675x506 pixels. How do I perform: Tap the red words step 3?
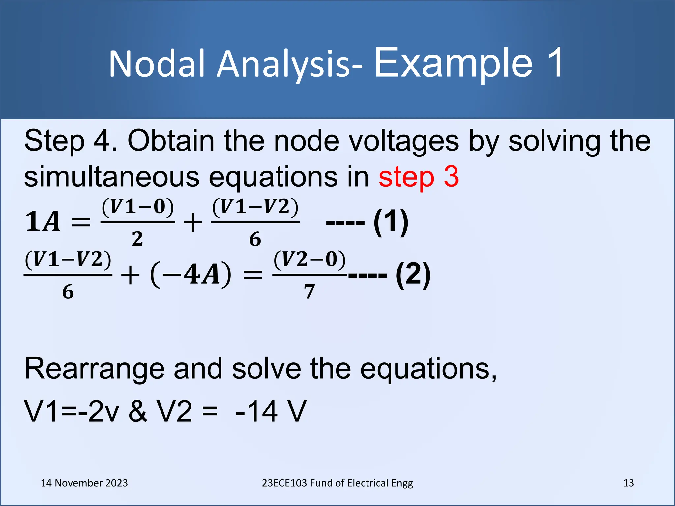coord(419,177)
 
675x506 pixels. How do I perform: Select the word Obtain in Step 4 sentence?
coord(171,141)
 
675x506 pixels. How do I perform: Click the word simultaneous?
coord(111,177)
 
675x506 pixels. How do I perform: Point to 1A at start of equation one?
coord(43,222)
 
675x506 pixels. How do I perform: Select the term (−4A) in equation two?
coord(191,274)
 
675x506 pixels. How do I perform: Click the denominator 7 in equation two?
coord(309,292)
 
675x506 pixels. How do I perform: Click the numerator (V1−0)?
coord(138,207)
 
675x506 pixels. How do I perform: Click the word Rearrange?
coord(94,369)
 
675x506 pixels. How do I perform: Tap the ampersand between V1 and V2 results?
coord(138,411)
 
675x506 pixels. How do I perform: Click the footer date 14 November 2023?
coord(84,483)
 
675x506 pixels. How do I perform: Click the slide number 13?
coord(629,483)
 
